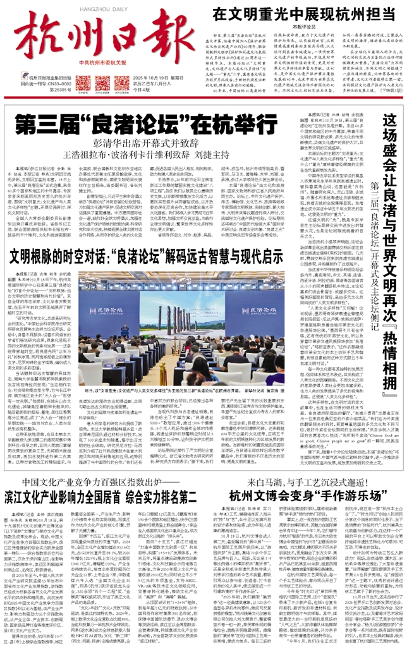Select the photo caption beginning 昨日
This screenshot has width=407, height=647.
point(190,409)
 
